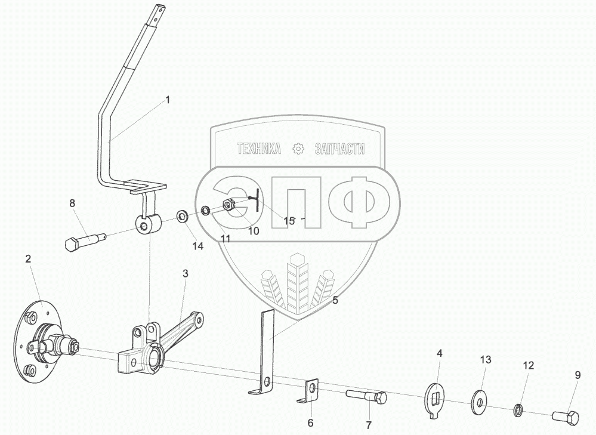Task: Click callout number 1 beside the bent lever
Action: point(168,100)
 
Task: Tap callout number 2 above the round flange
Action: point(28,258)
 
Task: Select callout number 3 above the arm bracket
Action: point(186,274)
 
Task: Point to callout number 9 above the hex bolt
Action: point(578,375)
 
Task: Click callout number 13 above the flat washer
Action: point(486,360)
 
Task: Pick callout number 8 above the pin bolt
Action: point(72,203)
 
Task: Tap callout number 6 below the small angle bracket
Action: point(310,423)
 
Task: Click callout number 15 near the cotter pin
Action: point(289,221)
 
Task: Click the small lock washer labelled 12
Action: point(519,409)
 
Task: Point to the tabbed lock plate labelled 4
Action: point(437,396)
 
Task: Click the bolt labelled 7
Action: point(366,396)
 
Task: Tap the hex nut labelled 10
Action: point(228,206)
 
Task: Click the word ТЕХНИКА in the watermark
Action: point(259,149)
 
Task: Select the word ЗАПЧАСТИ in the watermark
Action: point(339,149)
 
